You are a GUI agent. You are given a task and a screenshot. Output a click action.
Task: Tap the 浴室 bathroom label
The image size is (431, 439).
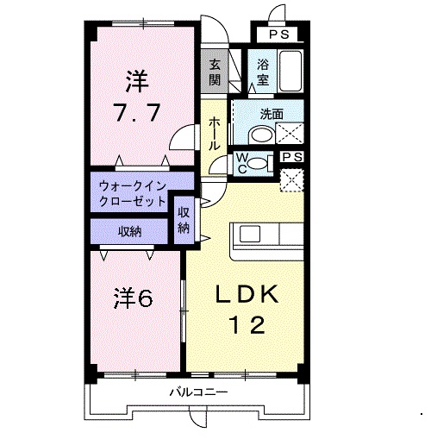click(x=262, y=72)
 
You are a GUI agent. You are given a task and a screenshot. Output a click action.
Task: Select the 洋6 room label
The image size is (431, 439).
click(x=132, y=298)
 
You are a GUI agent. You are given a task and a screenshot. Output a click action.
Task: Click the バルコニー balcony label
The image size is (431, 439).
click(x=197, y=392)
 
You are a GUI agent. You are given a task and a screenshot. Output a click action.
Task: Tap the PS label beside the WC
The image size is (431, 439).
click(x=292, y=158)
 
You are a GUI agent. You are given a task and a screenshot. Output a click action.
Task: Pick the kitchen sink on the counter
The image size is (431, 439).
click(x=250, y=233)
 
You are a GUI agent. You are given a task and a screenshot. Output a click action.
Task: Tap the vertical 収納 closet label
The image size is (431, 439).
click(x=184, y=221)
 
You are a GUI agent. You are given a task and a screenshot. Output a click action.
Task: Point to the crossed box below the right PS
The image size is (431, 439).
click(x=292, y=180)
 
